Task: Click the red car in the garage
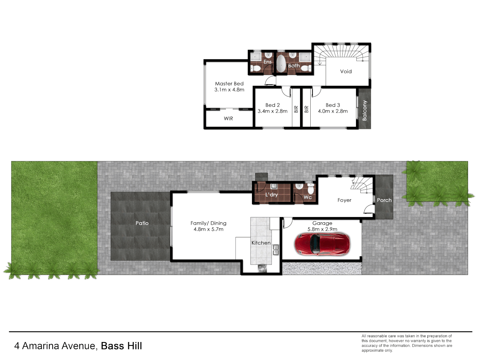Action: (x=322, y=244)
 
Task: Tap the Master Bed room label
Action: (x=229, y=84)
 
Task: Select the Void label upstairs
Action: (x=346, y=71)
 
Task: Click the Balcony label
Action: (x=364, y=110)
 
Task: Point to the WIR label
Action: (x=228, y=118)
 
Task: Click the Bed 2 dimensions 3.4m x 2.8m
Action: (x=272, y=111)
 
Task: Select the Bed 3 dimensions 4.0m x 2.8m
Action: (x=333, y=111)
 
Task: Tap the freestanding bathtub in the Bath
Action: (x=281, y=63)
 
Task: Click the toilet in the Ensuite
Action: (x=256, y=68)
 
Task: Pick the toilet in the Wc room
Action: (x=311, y=189)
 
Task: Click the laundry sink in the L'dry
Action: (x=274, y=186)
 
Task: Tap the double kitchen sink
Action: (x=276, y=250)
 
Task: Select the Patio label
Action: (x=142, y=223)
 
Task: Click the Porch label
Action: (x=384, y=200)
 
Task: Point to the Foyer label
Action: (x=344, y=200)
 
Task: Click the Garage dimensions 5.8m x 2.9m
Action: (x=322, y=229)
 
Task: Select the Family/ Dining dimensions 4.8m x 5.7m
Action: (x=208, y=229)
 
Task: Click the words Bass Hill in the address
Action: (x=121, y=346)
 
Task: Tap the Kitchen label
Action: (x=261, y=243)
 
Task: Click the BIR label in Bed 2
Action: (x=296, y=109)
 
